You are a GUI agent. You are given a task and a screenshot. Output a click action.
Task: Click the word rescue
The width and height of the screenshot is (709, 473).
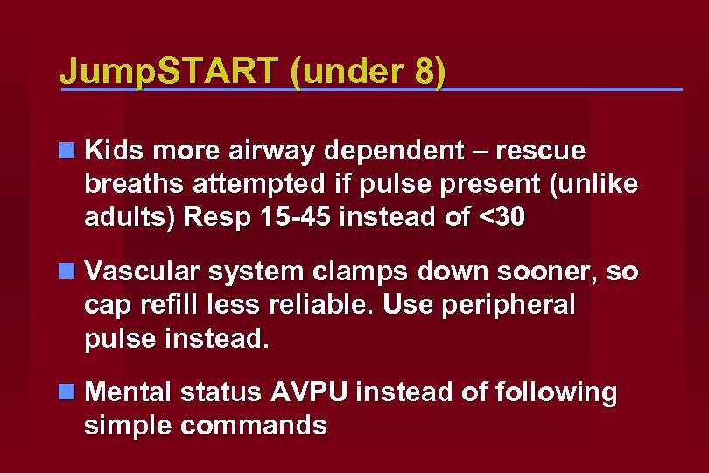click(x=541, y=152)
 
